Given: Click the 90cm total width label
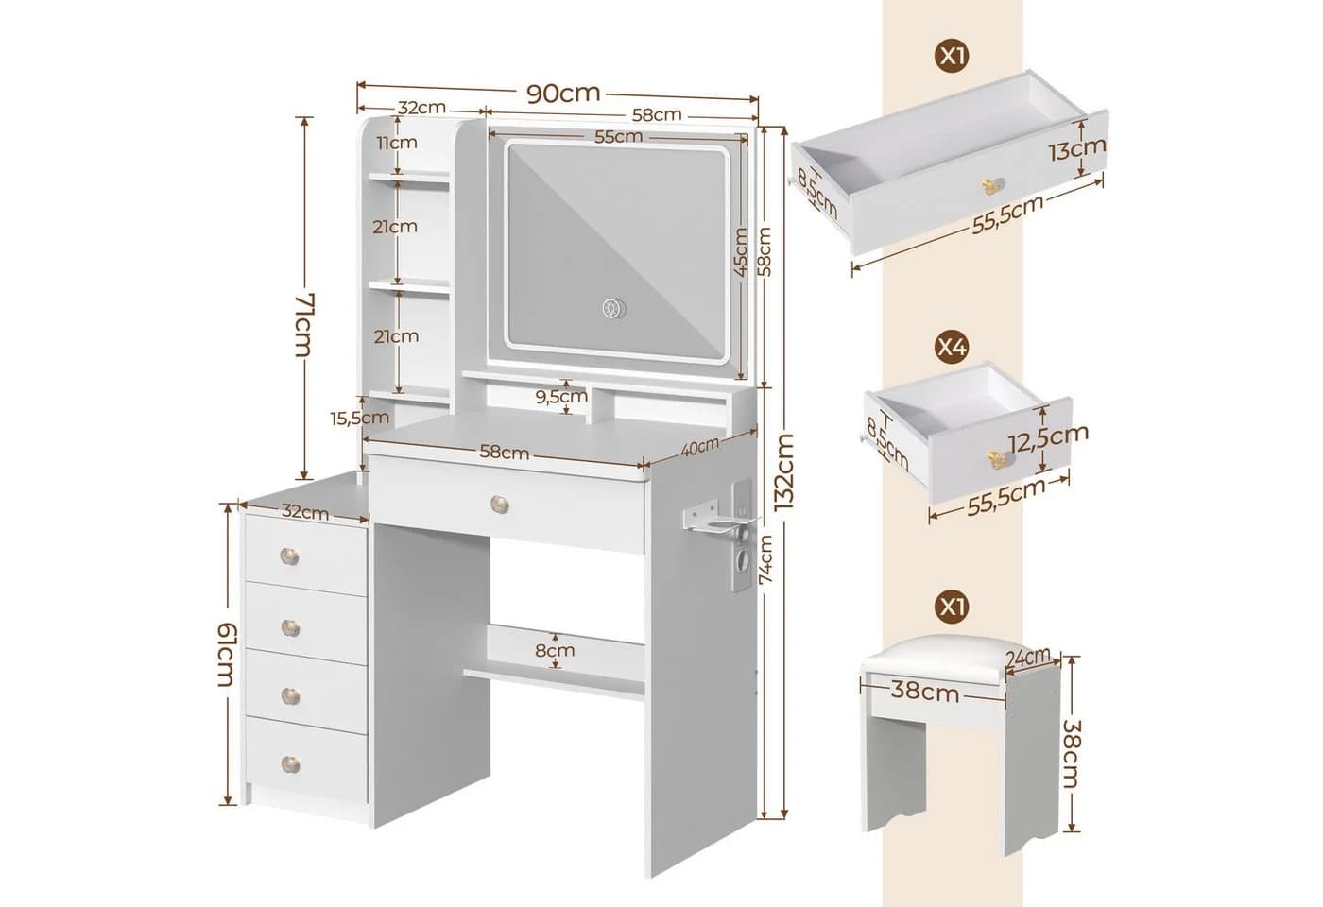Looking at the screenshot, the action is (563, 94).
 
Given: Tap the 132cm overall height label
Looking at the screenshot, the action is (784, 472).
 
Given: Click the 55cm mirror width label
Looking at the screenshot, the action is (618, 137).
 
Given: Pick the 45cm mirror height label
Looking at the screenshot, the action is (741, 252).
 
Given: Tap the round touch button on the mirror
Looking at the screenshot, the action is (614, 308).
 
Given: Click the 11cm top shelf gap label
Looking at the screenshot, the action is (397, 143).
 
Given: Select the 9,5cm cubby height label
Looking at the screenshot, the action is (561, 396).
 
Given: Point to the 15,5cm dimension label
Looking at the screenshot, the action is (360, 418).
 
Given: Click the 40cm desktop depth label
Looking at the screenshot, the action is (699, 447).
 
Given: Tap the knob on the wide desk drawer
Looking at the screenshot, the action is (500, 504).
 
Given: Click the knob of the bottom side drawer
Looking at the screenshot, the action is (290, 764).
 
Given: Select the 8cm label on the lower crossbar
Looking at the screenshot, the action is (555, 651).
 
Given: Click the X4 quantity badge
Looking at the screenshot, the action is (953, 348).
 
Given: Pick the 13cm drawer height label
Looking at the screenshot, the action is (1077, 149).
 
